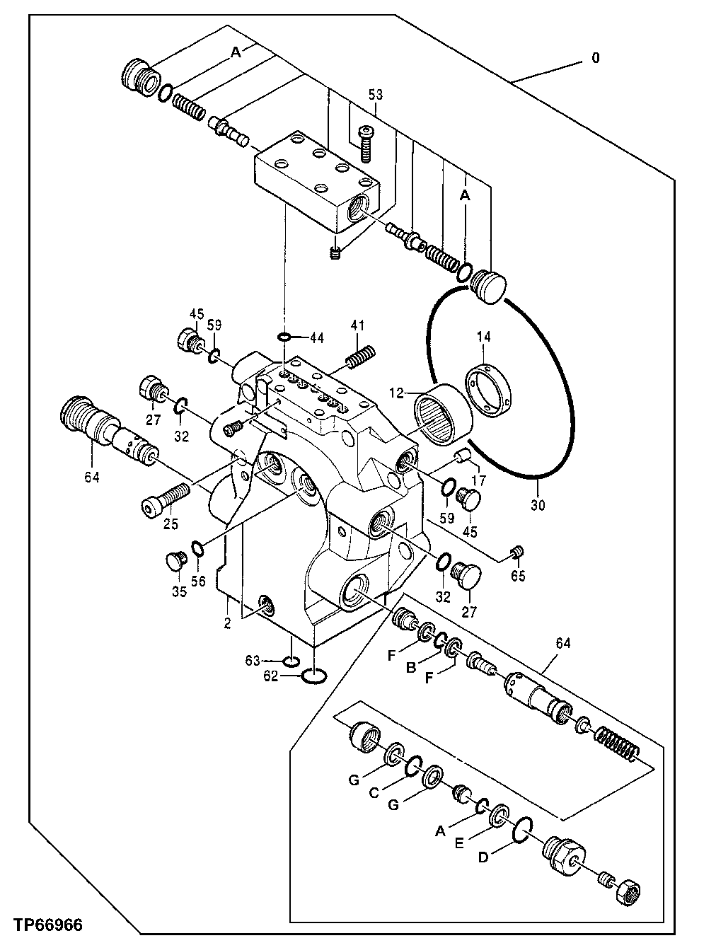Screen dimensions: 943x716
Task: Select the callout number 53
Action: (375, 94)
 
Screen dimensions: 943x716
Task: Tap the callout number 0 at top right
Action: (595, 59)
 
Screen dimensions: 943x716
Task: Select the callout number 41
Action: (358, 325)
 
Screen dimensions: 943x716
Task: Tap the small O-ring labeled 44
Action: (284, 337)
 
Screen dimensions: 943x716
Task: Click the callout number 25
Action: (171, 524)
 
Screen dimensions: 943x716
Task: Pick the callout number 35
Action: (179, 591)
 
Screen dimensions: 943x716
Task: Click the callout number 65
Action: (519, 576)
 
